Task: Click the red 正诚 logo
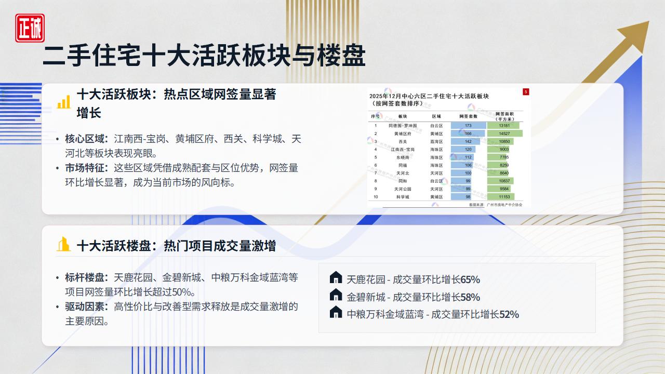pos(30,28)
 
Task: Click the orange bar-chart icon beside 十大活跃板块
pos(63,102)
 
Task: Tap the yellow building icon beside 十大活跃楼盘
pos(63,244)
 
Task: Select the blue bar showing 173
pos(468,126)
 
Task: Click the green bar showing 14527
pos(504,133)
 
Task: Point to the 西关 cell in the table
pos(403,141)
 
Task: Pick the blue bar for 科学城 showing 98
pos(461,197)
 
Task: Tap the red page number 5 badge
pos(526,92)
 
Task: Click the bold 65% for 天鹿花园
pos(470,279)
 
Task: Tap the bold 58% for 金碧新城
pos(470,297)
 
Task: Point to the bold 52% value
pos(509,314)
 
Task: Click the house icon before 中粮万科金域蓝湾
pos(336,312)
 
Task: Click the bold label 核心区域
pos(86,139)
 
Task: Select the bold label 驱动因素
pos(86,306)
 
